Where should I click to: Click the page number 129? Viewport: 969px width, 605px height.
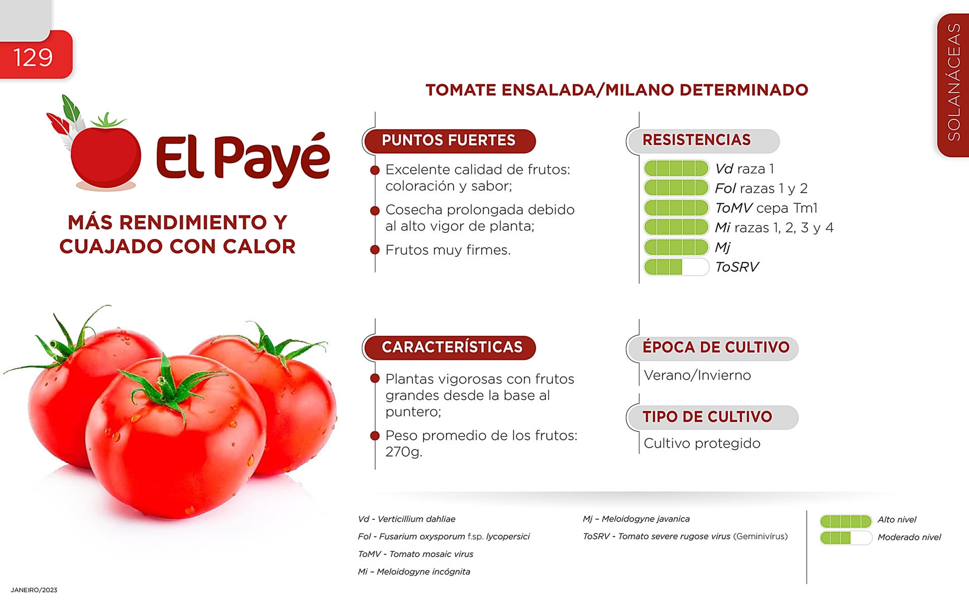point(33,57)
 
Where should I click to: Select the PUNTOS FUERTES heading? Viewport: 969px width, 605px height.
point(449,140)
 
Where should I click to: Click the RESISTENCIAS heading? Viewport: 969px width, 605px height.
point(696,140)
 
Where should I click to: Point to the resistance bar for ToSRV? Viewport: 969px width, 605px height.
point(676,267)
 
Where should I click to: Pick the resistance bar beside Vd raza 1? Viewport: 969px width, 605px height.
point(676,168)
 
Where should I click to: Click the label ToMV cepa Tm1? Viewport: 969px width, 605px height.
point(766,208)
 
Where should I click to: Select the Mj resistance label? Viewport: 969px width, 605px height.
point(723,248)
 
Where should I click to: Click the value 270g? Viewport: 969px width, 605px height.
point(404,452)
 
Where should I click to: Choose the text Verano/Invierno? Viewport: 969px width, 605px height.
point(697,375)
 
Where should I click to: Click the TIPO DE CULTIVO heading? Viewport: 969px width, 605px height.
point(707,417)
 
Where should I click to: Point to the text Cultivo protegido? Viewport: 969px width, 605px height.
point(702,444)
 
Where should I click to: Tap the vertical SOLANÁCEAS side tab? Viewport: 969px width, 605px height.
point(953,85)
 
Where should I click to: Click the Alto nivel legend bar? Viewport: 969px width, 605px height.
point(846,521)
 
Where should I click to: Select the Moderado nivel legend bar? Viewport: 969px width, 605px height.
point(846,538)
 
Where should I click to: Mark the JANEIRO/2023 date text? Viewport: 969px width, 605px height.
point(34,590)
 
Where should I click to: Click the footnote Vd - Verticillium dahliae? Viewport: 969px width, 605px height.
point(406,519)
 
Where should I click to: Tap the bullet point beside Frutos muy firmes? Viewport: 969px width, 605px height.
point(374,250)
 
